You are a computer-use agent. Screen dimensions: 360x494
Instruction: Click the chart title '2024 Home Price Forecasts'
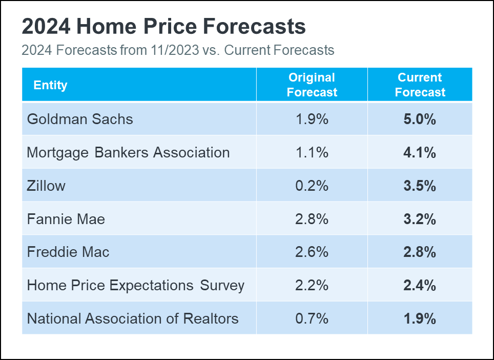[x=163, y=27]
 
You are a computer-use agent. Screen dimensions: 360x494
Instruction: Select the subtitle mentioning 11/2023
[x=178, y=50]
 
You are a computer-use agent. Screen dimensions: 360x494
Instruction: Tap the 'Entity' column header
[x=50, y=85]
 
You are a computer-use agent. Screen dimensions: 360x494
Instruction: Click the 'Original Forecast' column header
[x=312, y=85]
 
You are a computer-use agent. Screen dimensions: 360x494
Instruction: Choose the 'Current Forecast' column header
[x=420, y=85]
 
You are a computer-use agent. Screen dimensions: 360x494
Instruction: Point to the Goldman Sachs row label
[x=80, y=119]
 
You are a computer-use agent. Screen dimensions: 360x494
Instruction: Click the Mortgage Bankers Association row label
[x=128, y=152]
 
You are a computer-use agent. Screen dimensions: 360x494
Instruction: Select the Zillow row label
[x=46, y=186]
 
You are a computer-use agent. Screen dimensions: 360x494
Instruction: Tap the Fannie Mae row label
[x=66, y=219]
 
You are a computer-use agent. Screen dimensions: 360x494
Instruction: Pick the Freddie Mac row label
[x=68, y=252]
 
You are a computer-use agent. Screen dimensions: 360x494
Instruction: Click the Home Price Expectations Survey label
[x=136, y=285]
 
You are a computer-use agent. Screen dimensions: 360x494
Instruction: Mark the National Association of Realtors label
[x=133, y=318]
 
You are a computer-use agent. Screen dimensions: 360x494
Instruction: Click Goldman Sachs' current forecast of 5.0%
[x=420, y=119]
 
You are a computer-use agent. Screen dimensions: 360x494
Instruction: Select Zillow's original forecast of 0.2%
[x=312, y=186]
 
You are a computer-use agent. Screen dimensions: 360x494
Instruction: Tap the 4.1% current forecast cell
[x=420, y=152]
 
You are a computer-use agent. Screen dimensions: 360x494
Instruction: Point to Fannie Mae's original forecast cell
[x=312, y=219]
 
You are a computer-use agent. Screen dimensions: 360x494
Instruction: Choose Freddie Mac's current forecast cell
[x=420, y=252]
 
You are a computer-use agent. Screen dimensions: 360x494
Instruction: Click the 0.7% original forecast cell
[x=312, y=318]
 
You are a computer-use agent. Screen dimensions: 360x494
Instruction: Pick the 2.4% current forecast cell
[x=420, y=285]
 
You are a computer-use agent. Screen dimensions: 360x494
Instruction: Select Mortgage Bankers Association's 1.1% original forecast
[x=312, y=152]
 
